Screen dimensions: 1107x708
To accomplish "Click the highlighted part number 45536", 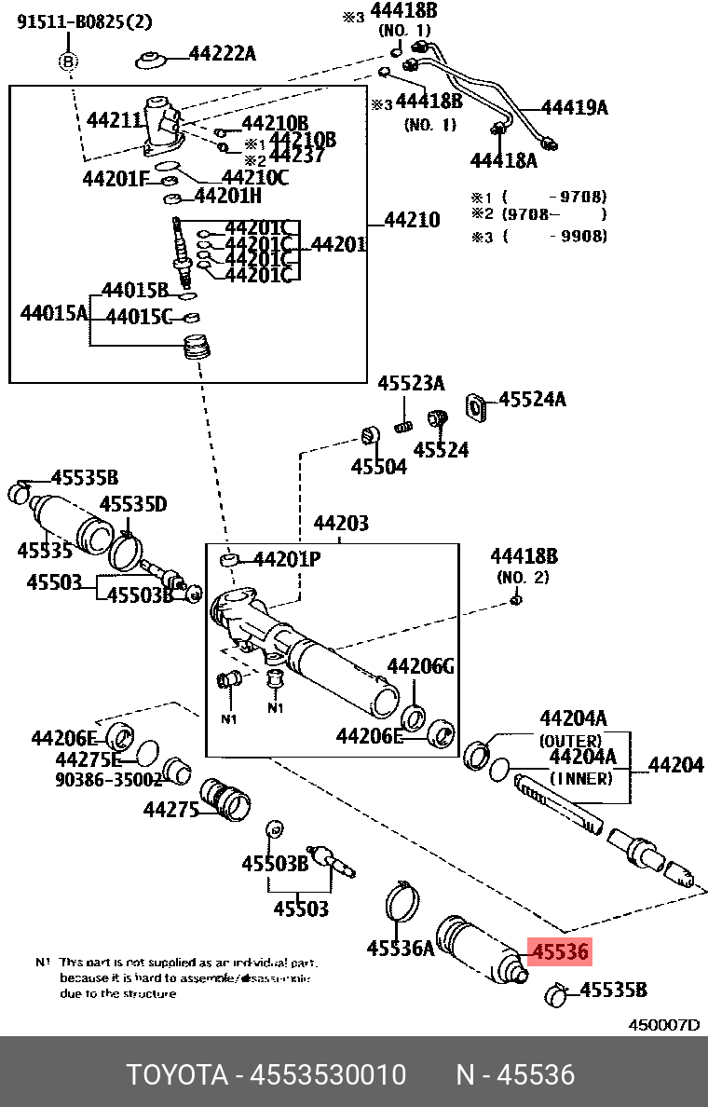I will coord(559,951).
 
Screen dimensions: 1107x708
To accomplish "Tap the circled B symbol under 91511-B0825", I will coord(69,61).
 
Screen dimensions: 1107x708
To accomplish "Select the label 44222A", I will coord(222,53).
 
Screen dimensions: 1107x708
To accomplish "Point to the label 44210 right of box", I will coord(411,221).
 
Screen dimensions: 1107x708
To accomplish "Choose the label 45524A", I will coord(532,400).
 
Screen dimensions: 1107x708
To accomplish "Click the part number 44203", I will coord(340,524).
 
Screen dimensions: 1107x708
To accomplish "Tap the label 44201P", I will coord(287,560).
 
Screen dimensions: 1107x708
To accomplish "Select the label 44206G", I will coord(420,666).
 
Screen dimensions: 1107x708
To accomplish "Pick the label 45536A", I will coord(401,949).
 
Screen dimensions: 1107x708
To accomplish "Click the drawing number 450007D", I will coord(663,1025).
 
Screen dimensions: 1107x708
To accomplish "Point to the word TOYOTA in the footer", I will coord(177,1075).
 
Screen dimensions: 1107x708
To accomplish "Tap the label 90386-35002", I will coord(96,780).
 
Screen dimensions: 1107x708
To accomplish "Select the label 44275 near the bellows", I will coord(171,810).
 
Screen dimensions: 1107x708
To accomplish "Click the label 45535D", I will coord(133,505).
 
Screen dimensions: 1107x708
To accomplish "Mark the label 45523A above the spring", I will coord(411,384).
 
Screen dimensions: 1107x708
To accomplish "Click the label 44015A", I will coord(54,312).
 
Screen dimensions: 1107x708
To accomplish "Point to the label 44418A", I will coord(503,160).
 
